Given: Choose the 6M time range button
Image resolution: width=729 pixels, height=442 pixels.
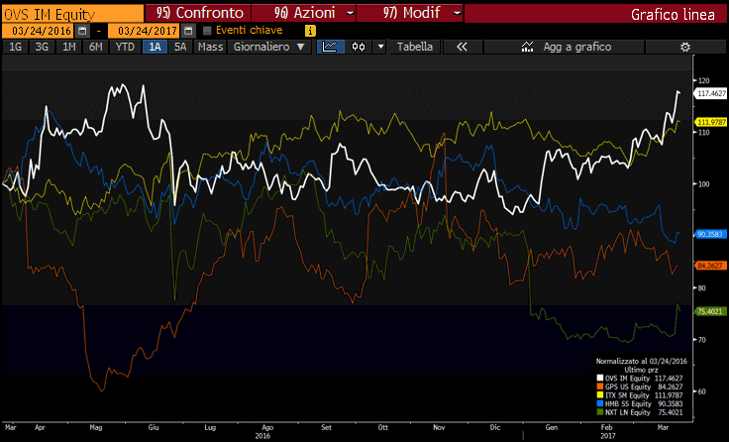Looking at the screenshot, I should [95, 47].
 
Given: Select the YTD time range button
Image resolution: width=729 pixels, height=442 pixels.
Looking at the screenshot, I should [125, 47].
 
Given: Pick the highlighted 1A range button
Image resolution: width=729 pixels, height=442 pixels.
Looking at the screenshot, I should [156, 47].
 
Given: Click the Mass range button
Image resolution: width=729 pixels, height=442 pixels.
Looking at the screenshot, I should [210, 47].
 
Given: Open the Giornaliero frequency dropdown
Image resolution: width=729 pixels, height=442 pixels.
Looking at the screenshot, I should [269, 47].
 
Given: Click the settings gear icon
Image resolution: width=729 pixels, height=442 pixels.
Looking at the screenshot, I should [684, 47].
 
